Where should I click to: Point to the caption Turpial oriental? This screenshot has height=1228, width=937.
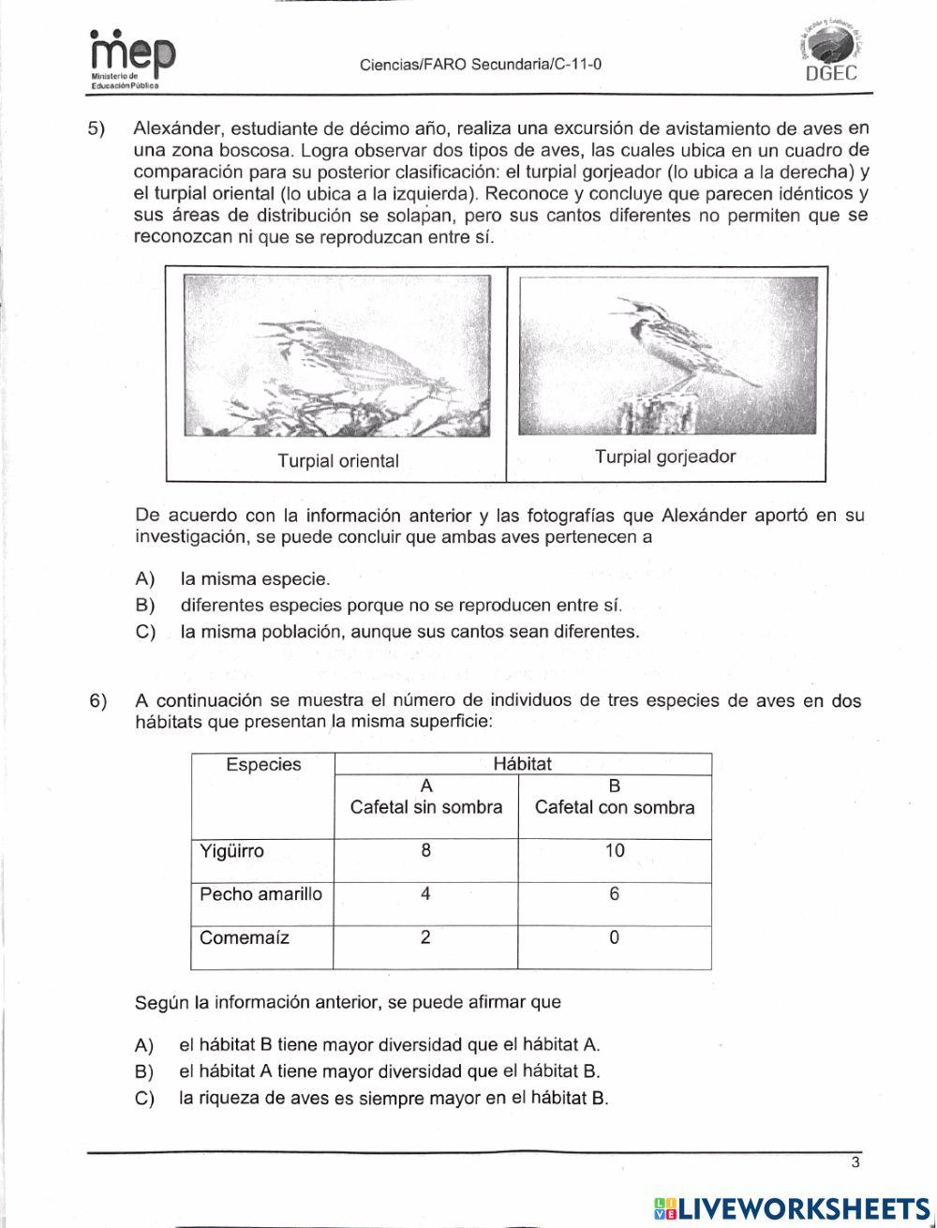point(337,461)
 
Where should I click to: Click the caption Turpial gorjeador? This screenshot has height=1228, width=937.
point(665,457)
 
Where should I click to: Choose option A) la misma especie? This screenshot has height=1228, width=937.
point(255,579)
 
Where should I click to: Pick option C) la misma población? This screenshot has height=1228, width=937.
point(409,632)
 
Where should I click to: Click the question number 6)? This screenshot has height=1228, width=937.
point(98,701)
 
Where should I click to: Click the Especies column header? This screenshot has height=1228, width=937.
point(263,765)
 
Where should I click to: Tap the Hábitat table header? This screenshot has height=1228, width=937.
point(522,764)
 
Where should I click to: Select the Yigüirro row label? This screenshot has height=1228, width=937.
point(232,851)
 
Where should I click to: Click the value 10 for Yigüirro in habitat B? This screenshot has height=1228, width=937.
point(614,851)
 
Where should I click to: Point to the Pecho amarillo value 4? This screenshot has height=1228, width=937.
point(425,894)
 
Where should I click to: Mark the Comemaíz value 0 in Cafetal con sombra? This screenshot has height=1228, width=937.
point(614,937)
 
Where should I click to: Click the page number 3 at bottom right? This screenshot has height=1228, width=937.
point(855,1164)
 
